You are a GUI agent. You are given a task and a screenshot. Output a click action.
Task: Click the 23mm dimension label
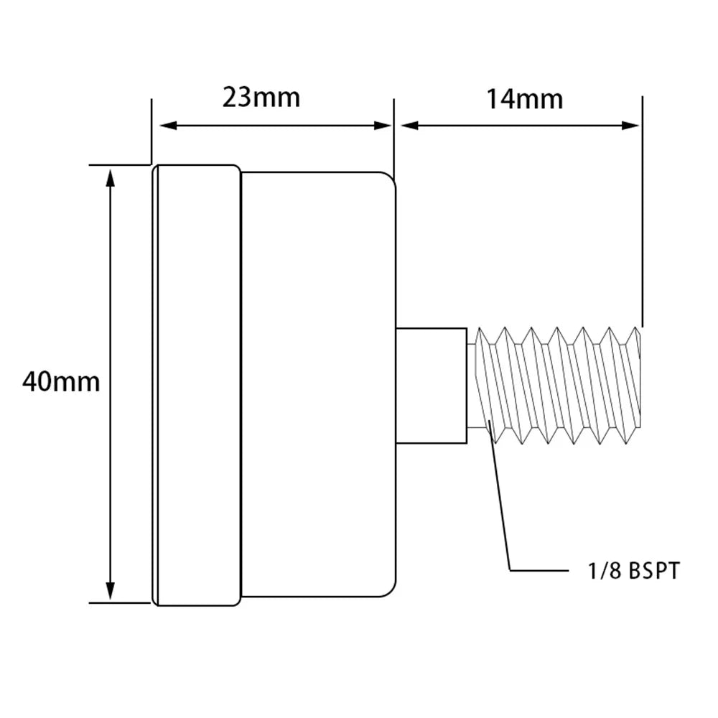[x=261, y=98]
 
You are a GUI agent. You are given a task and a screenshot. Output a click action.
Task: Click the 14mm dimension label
[x=524, y=99]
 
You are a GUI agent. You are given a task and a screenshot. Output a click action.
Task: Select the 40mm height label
[x=61, y=382]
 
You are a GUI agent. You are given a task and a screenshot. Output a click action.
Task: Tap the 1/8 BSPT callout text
[x=634, y=571]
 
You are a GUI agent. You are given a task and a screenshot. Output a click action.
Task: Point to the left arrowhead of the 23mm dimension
[x=167, y=126]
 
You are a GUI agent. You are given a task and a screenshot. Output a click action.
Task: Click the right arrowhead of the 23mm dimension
[x=383, y=126]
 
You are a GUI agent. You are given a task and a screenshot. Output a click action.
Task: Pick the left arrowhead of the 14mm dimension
[x=409, y=126]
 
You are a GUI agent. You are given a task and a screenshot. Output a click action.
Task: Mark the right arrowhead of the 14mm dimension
[x=630, y=126]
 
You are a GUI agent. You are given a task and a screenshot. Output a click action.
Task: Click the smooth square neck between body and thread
[x=432, y=386]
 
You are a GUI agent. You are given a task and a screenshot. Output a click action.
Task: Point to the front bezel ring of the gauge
[x=197, y=385]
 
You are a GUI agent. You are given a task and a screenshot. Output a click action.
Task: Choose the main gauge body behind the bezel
[x=318, y=385]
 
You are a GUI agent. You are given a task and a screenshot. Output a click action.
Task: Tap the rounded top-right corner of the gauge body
[x=391, y=177]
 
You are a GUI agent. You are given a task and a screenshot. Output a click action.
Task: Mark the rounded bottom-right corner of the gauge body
[x=391, y=592]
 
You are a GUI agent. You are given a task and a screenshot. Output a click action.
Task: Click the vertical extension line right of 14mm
[x=643, y=212]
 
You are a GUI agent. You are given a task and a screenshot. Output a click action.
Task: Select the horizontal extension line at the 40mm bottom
[x=120, y=602]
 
